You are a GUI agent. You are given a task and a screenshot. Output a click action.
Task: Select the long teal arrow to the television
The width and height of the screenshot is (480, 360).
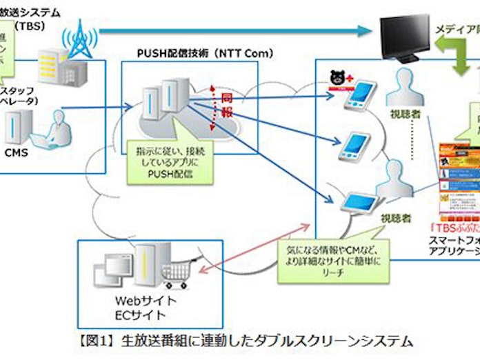[234, 30]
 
